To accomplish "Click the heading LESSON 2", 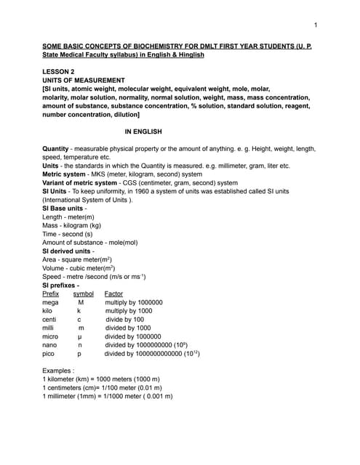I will (x=61, y=71).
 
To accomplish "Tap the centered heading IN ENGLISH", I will (x=143, y=132).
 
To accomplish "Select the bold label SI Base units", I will (x=63, y=209).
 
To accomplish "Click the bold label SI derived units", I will (x=67, y=251).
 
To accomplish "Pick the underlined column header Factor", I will (x=114, y=294).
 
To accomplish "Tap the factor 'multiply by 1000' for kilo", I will (x=129, y=311).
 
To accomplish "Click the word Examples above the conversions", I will (x=60, y=371).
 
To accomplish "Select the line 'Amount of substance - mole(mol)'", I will (x=90, y=243).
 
